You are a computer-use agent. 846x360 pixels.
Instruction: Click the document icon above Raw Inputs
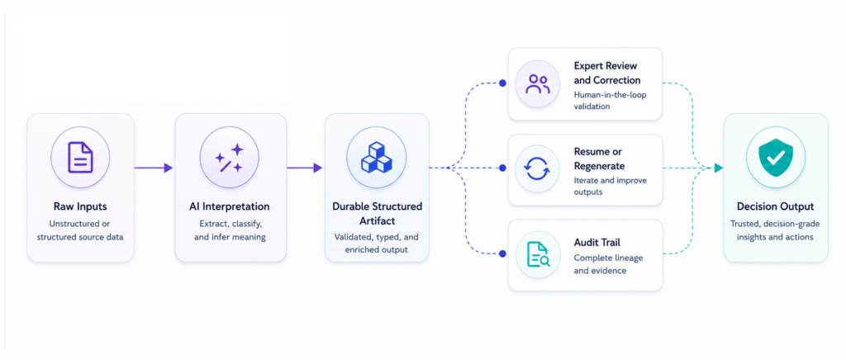[x=80, y=158]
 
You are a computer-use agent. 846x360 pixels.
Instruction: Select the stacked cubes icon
[x=377, y=157]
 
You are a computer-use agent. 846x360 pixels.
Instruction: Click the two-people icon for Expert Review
[x=538, y=84]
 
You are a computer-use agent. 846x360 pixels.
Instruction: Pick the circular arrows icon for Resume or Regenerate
[x=538, y=168]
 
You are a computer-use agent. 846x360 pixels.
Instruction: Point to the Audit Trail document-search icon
[x=538, y=253]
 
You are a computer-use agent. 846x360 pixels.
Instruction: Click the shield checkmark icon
[x=775, y=158]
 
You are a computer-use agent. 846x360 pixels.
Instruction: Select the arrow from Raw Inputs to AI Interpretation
[x=154, y=168]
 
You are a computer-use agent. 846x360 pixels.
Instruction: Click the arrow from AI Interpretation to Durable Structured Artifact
[x=304, y=168]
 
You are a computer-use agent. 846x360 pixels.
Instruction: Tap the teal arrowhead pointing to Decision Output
[x=718, y=168]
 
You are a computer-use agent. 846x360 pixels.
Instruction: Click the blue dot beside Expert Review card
[x=502, y=83]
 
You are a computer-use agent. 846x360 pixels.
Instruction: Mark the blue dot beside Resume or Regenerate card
[x=502, y=168]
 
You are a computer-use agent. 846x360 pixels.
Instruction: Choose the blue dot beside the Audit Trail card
[x=502, y=253]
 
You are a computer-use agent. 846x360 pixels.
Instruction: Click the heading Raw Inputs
[x=80, y=206]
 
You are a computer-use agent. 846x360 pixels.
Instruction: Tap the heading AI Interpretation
[x=230, y=206]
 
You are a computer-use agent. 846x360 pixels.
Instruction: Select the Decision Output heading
[x=775, y=206]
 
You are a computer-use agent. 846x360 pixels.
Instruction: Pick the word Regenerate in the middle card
[x=600, y=166]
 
